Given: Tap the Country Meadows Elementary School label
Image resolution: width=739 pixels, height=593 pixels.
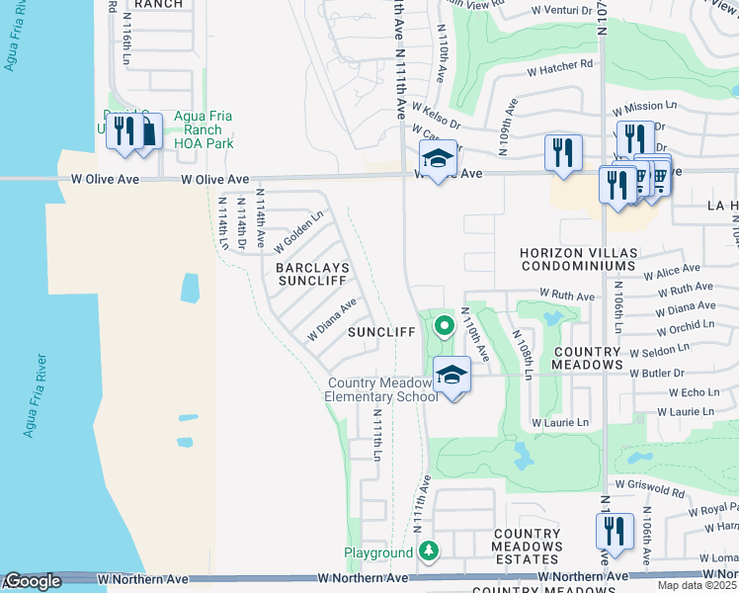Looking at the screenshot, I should pos(381,390).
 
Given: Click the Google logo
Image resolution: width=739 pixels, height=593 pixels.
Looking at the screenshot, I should pos(33,582).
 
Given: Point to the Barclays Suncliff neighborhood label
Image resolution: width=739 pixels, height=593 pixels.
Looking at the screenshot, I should pos(311,274).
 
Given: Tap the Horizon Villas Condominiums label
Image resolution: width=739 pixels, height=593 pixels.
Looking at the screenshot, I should pos(578,260).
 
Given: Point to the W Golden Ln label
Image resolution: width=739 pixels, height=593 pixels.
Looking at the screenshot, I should pos(299,230).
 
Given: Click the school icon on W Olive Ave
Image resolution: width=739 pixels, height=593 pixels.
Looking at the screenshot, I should pos(438,157).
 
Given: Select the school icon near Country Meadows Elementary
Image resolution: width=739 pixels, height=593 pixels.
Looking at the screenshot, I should pos(452,375).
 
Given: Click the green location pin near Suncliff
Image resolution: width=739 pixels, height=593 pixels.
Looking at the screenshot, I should pos(445,323).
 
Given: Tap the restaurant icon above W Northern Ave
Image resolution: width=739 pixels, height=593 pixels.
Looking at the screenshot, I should pos(614,531).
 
